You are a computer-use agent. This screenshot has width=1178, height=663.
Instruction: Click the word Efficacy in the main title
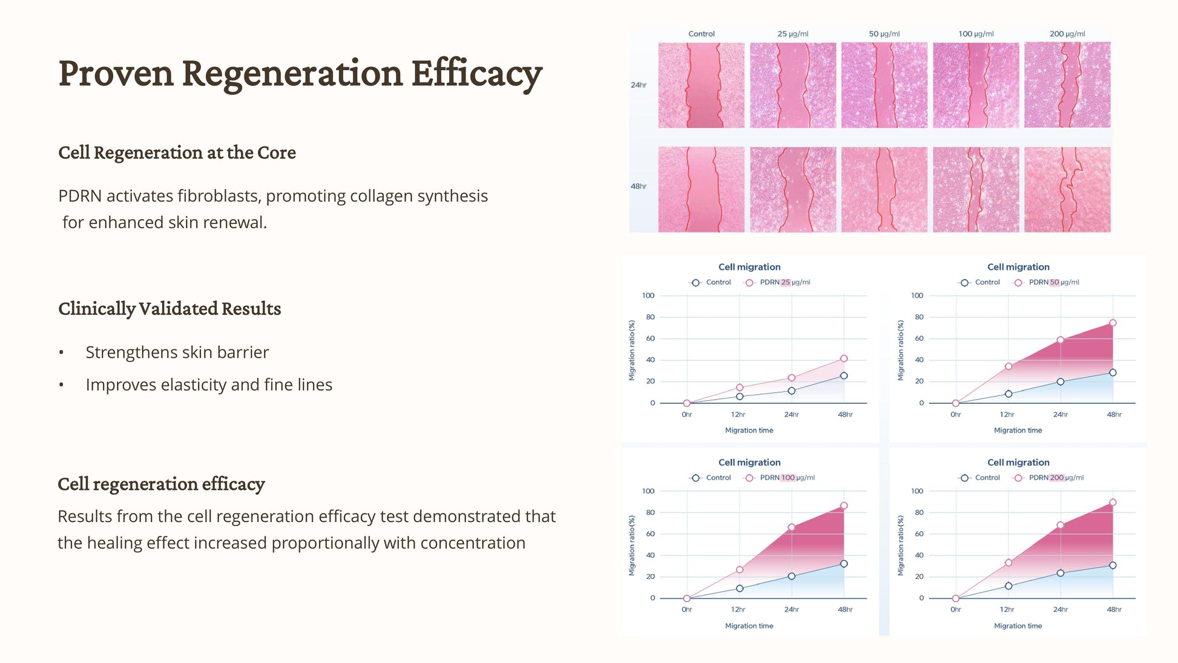(476, 74)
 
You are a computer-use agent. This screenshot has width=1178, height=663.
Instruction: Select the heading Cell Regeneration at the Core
(177, 153)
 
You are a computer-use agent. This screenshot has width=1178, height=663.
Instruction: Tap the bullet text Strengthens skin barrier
(177, 352)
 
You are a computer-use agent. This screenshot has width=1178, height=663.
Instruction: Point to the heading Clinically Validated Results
(169, 309)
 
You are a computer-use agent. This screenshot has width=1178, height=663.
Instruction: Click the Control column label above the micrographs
(701, 34)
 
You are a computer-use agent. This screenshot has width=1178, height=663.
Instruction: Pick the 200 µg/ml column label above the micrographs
(1067, 34)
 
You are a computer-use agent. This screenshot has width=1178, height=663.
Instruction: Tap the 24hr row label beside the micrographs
(639, 85)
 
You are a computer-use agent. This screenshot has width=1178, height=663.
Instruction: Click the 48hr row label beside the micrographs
(639, 186)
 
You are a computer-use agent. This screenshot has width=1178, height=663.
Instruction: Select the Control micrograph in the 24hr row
(701, 85)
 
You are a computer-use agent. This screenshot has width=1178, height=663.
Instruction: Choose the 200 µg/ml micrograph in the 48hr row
(1067, 190)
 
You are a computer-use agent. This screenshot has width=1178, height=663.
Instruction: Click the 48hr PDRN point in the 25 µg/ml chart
(844, 358)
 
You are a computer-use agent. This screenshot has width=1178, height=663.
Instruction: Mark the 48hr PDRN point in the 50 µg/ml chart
(1113, 323)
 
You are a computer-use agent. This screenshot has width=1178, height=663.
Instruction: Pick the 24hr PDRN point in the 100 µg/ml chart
(792, 527)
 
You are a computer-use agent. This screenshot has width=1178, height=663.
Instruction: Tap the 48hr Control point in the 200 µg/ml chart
(1113, 566)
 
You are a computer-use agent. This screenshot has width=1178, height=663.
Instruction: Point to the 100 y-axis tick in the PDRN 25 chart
(648, 295)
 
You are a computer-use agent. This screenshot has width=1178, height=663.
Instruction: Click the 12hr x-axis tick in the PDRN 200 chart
(1007, 610)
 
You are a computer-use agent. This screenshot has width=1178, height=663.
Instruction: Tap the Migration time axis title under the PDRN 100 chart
(749, 626)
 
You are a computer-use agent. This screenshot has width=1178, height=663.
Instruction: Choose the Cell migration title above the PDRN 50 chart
(1018, 267)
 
